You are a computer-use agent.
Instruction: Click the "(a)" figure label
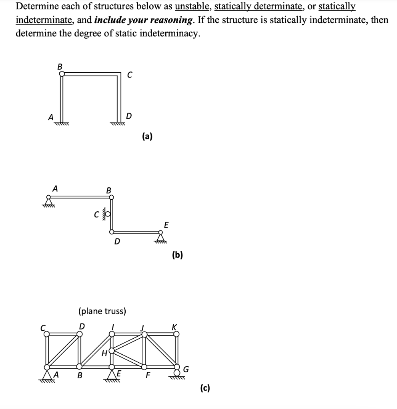(x=147, y=137)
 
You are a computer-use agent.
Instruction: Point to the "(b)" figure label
(x=177, y=255)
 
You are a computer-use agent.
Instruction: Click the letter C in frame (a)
(x=129, y=74)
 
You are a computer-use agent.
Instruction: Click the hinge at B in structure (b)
(x=112, y=197)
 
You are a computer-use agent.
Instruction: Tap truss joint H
(x=112, y=351)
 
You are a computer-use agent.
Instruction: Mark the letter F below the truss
(x=148, y=376)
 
